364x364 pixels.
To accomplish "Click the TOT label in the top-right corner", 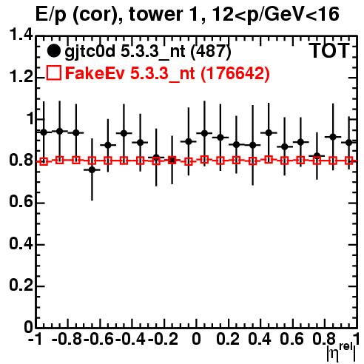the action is [330, 51].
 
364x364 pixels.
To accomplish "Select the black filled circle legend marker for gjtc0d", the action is [53, 51].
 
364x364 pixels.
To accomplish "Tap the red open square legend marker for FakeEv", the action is [53, 73].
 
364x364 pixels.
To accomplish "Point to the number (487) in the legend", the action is [211, 51].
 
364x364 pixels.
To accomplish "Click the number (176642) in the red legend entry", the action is [235, 73].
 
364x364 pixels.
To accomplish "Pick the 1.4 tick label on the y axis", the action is [21, 35].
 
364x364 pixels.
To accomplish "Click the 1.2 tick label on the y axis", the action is [21, 77].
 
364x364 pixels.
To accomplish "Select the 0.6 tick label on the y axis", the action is [21, 202].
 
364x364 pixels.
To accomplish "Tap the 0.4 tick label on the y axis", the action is [21, 244].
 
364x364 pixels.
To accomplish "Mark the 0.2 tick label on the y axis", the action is [21, 286].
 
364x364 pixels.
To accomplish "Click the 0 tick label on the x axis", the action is [196, 339].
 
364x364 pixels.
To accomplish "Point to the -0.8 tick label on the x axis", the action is [67, 339].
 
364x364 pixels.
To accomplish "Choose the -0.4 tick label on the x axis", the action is [130, 339].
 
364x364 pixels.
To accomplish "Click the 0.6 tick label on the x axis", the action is [292, 339].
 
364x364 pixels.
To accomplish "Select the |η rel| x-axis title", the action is [342, 352].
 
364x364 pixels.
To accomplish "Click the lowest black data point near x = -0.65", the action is [92, 169].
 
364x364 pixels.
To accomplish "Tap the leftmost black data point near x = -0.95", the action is [44, 132].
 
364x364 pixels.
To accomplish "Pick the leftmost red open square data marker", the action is [44, 162].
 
